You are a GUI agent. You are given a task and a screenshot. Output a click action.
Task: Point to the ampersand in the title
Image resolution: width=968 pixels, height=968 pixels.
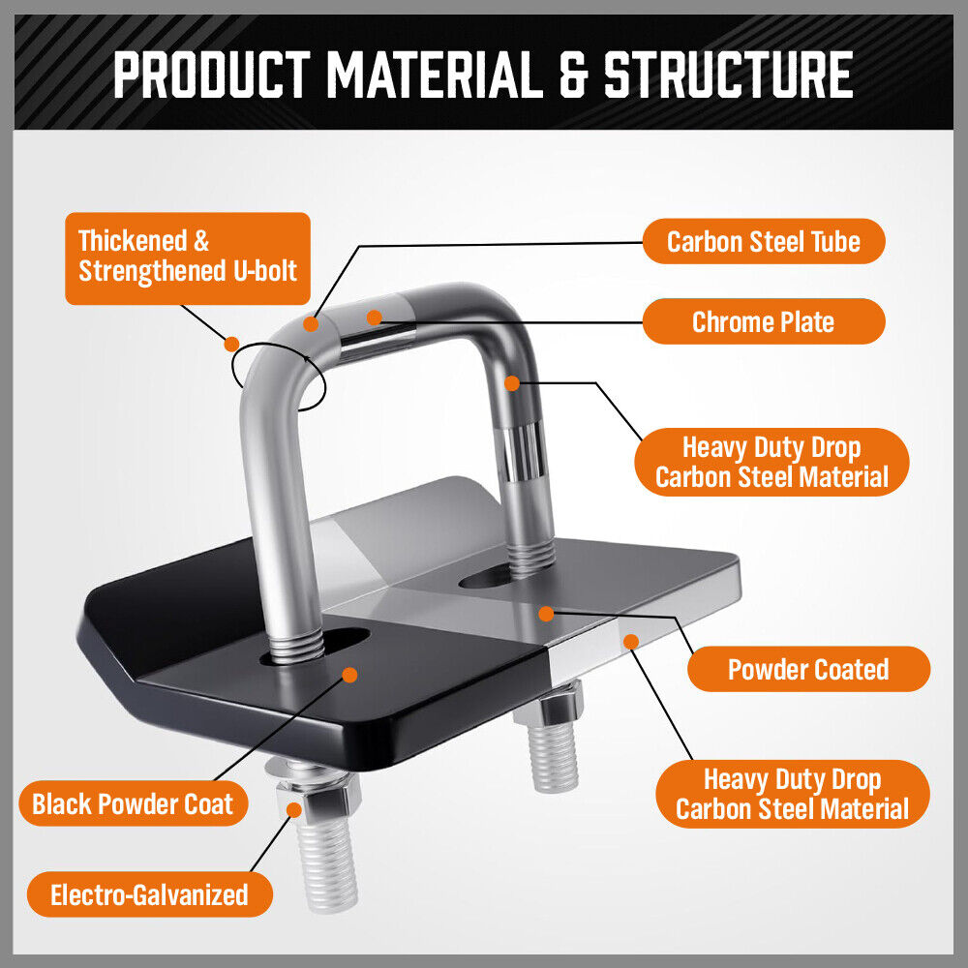click(x=573, y=74)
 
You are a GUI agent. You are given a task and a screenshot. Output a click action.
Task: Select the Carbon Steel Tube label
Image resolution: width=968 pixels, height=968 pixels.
click(x=763, y=240)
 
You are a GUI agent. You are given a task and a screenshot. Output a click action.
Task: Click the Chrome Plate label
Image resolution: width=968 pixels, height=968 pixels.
click(x=763, y=321)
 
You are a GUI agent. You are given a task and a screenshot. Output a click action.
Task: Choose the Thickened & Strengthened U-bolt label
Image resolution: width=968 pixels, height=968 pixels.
click(x=188, y=257)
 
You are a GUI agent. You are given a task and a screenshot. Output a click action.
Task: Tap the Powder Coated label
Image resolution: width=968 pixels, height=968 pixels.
click(x=808, y=669)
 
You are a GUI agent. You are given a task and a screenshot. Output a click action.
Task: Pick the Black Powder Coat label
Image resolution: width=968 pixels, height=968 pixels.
click(x=133, y=803)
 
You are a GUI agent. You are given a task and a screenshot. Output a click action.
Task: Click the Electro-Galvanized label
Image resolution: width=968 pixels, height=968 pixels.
click(x=149, y=894)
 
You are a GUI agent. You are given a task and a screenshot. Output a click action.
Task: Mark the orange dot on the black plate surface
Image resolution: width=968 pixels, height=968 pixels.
click(x=349, y=674)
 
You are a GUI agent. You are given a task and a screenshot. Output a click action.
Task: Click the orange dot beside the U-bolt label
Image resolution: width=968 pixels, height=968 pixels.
click(x=231, y=343)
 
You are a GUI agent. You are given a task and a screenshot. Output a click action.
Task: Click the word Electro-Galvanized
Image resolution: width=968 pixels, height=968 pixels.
click(x=149, y=894)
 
